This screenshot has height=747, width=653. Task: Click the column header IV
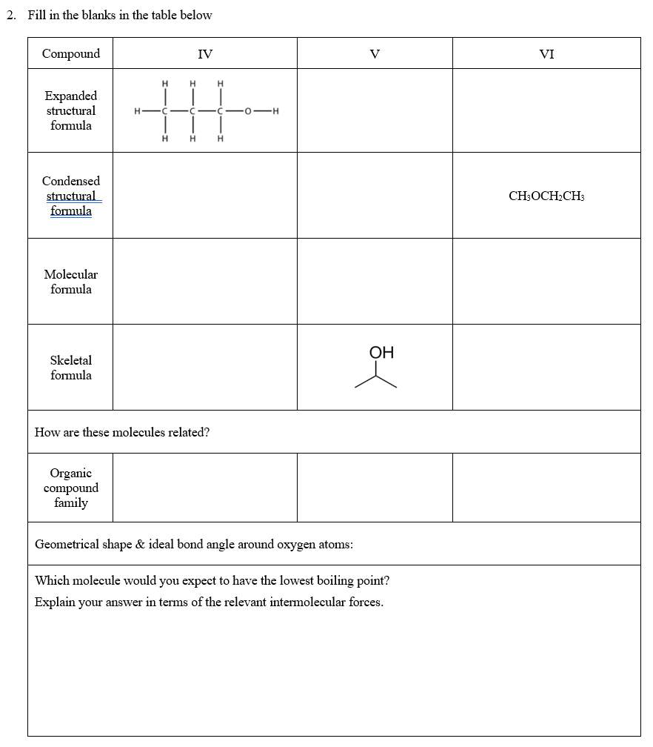(x=205, y=53)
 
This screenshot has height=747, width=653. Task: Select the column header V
(x=375, y=53)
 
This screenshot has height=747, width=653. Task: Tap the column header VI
(x=546, y=53)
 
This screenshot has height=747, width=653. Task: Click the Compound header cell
(x=71, y=53)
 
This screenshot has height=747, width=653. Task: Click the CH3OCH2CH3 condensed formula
(x=546, y=196)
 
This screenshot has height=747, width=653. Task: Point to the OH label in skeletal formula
(x=381, y=353)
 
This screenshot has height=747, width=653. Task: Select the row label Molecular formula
(x=71, y=282)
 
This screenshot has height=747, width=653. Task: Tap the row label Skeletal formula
(x=71, y=368)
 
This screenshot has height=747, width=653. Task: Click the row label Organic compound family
(x=71, y=488)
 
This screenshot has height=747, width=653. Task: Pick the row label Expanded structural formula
(x=71, y=110)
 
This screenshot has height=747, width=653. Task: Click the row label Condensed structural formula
(x=71, y=196)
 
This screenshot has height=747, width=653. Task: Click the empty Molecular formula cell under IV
(x=205, y=282)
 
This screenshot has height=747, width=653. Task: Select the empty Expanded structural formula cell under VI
(x=546, y=110)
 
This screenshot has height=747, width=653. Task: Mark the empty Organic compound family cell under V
(x=375, y=488)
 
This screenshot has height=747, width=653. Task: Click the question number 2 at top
(x=10, y=15)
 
